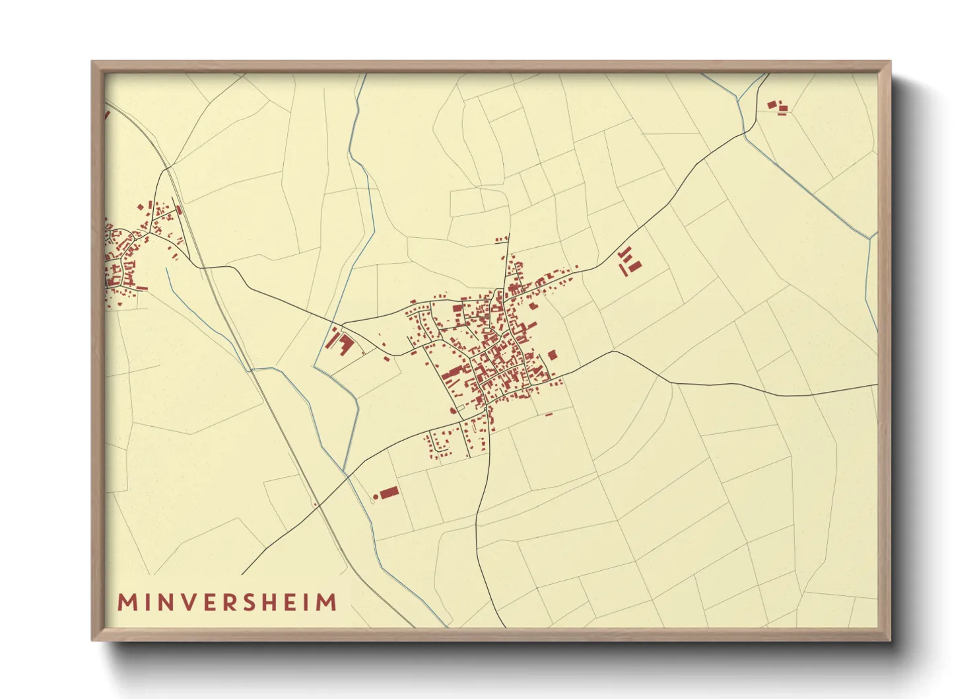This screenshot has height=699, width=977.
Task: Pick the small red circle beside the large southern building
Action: [x=376, y=496]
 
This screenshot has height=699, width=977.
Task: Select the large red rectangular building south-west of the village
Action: [x=389, y=492]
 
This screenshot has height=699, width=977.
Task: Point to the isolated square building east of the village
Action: [x=552, y=355]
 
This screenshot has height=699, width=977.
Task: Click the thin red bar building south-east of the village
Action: [x=548, y=414]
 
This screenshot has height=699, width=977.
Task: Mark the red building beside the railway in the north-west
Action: [x=179, y=209]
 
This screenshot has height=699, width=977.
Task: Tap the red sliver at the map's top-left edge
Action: [x=107, y=114]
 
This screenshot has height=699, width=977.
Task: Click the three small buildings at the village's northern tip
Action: [x=502, y=237]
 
